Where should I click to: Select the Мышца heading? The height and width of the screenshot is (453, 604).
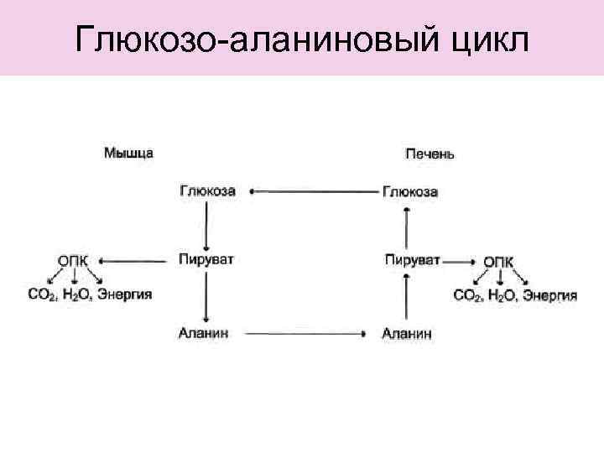(128, 153)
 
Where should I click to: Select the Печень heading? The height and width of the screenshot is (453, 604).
(430, 154)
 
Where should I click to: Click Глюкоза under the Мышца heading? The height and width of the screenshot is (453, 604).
(207, 191)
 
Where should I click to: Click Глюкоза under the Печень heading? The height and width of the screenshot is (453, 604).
(409, 192)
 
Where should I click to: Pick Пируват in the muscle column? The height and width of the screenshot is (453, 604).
(206, 259)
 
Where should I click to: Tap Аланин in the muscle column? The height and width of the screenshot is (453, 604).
(204, 333)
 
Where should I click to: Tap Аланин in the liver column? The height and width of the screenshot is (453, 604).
(407, 334)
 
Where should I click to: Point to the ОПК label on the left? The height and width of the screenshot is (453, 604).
(73, 261)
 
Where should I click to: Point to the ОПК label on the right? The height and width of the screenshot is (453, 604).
(499, 261)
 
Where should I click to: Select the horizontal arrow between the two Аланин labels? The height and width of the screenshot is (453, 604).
(305, 334)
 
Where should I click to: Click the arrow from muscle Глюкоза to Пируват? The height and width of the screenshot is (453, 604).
(206, 224)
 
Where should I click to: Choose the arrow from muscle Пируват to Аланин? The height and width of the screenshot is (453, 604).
(206, 295)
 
